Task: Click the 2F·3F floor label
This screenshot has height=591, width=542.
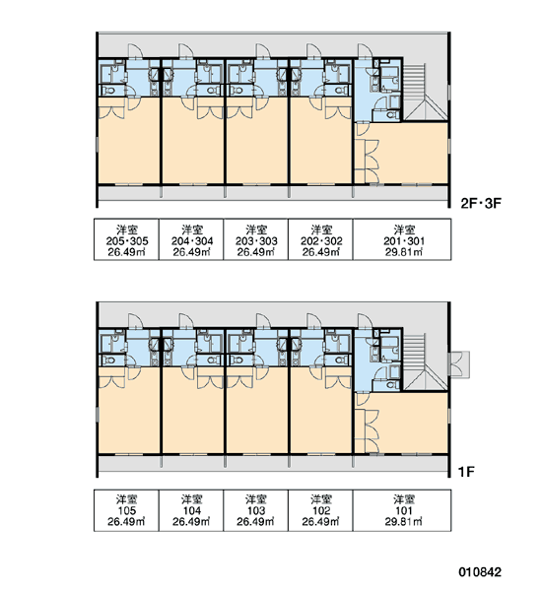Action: pyautogui.click(x=481, y=204)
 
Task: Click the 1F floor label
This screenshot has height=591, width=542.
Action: pyautogui.click(x=466, y=472)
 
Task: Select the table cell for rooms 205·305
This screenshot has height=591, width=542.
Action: pyautogui.click(x=126, y=239)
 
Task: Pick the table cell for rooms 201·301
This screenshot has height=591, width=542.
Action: pyautogui.click(x=402, y=239)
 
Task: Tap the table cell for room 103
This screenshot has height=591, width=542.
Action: pyautogui.click(x=255, y=510)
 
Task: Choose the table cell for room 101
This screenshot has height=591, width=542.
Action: pyautogui.click(x=402, y=510)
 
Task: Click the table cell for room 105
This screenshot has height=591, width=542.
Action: pyautogui.click(x=126, y=510)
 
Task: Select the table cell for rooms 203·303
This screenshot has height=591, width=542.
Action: pyautogui.click(x=255, y=239)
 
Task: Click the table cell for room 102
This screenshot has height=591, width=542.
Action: pyautogui.click(x=320, y=510)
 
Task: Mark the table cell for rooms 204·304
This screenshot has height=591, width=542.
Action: pyautogui.click(x=191, y=239)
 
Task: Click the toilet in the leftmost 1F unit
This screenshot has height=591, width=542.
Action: pyautogui.click(x=109, y=361)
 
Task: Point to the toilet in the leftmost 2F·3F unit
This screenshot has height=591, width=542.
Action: pyautogui.click(x=109, y=91)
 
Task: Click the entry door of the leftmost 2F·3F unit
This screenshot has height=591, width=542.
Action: pyautogui.click(x=135, y=51)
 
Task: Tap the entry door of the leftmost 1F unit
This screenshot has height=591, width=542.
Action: pyautogui.click(x=135, y=321)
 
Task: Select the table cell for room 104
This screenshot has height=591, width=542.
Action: pyautogui.click(x=191, y=510)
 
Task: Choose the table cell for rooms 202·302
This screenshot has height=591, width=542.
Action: pyautogui.click(x=320, y=239)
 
